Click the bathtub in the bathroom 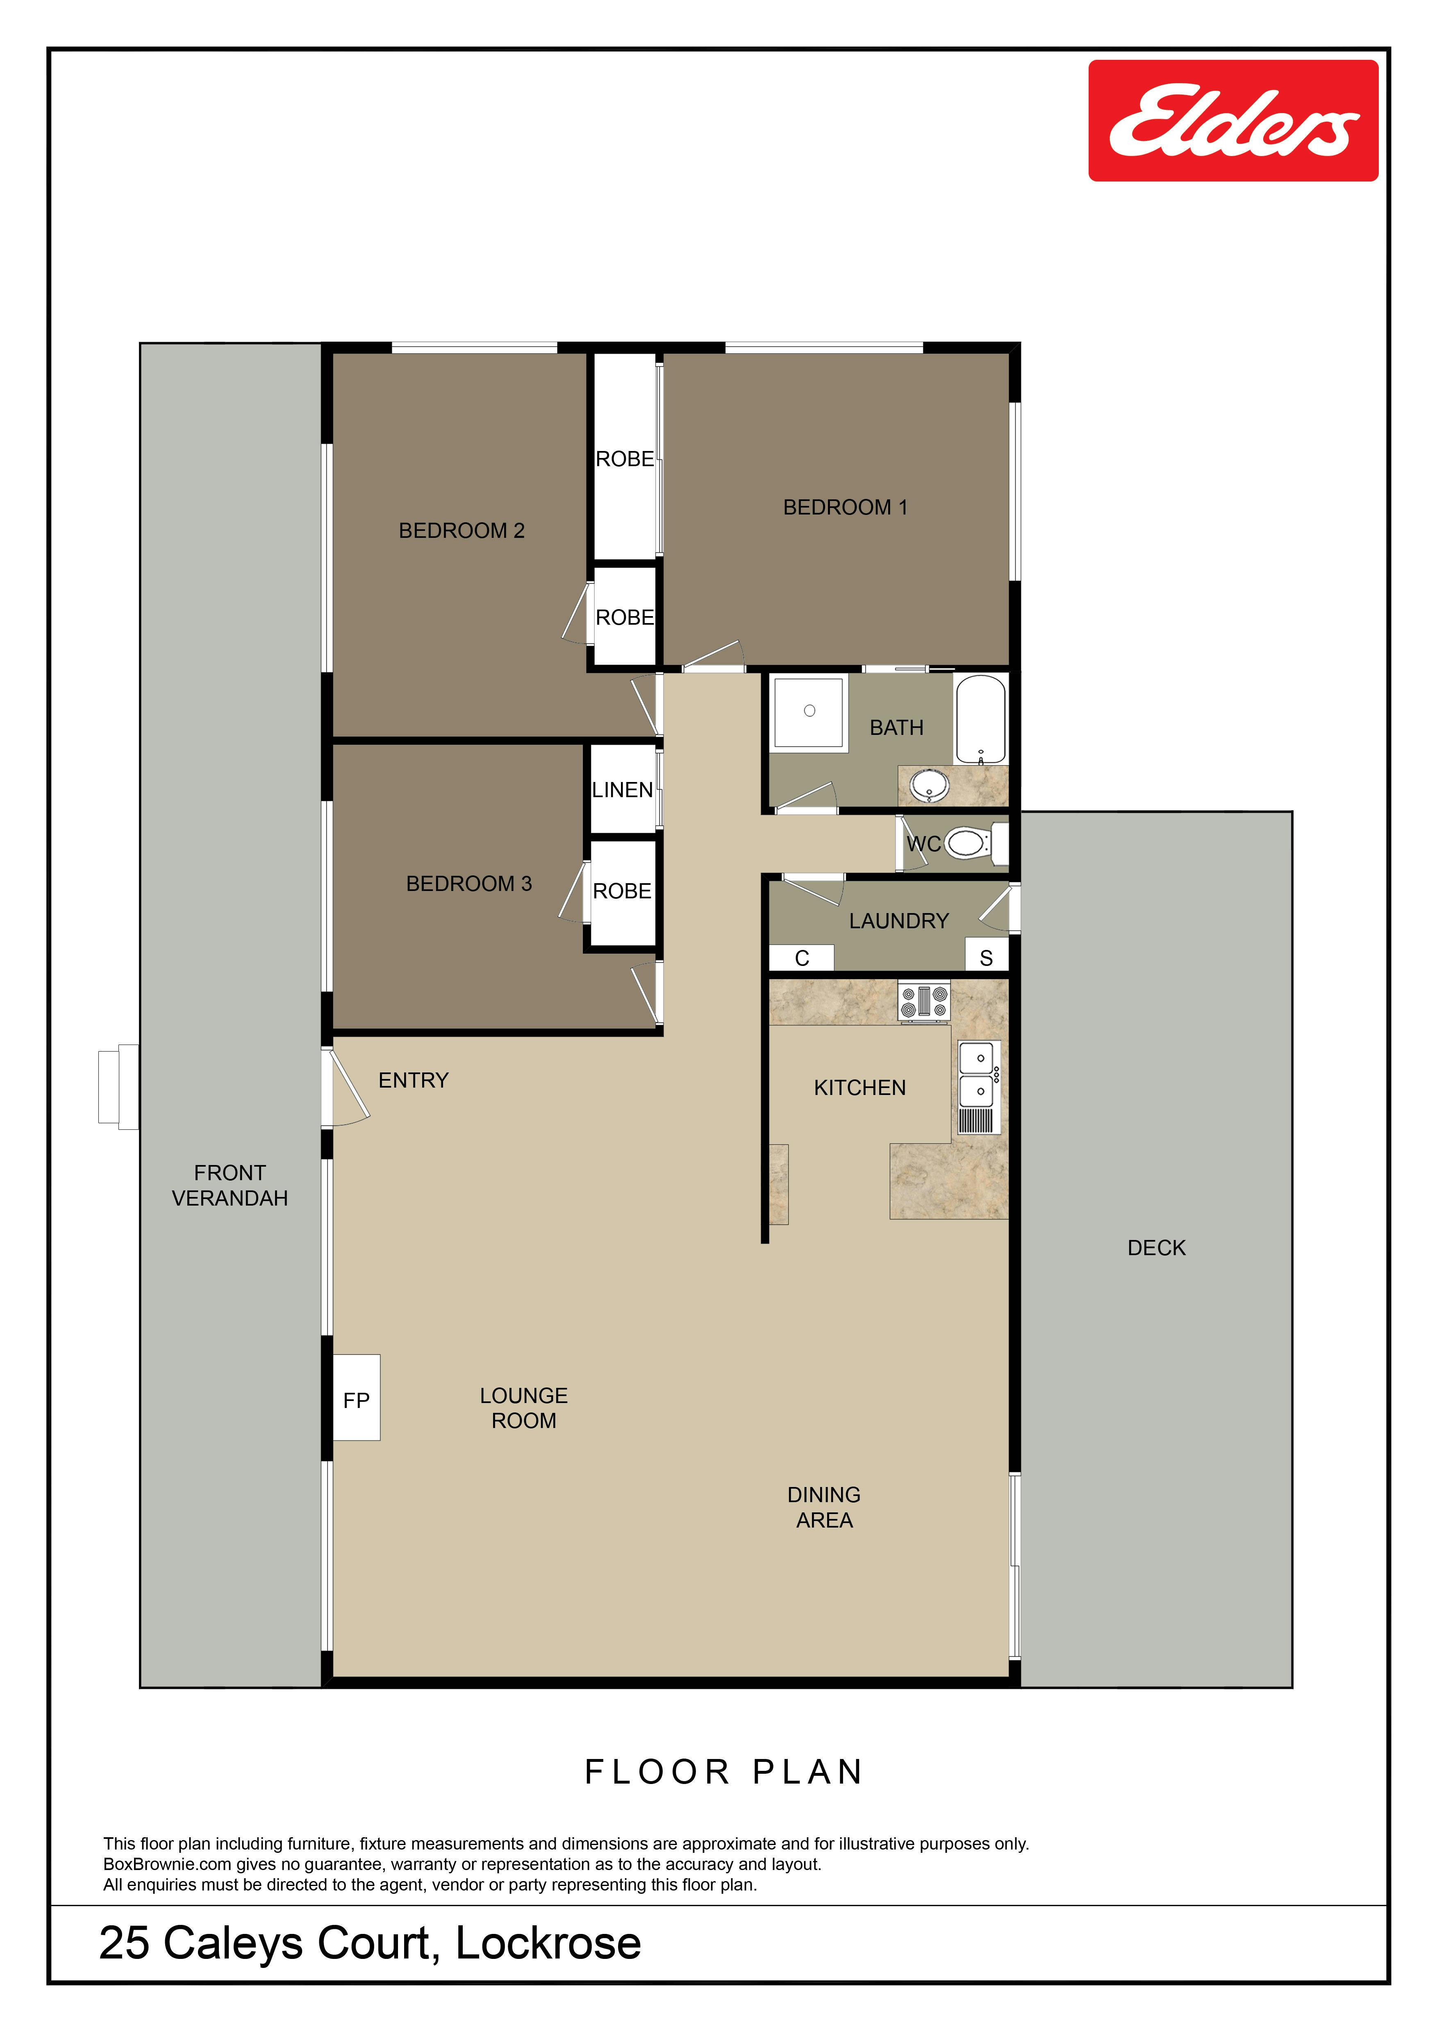pos(980,719)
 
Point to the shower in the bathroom pos(809,712)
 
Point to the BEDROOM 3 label pos(469,884)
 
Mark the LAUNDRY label pos(899,921)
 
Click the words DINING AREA pos(824,1507)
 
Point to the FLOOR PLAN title pos(724,1772)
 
